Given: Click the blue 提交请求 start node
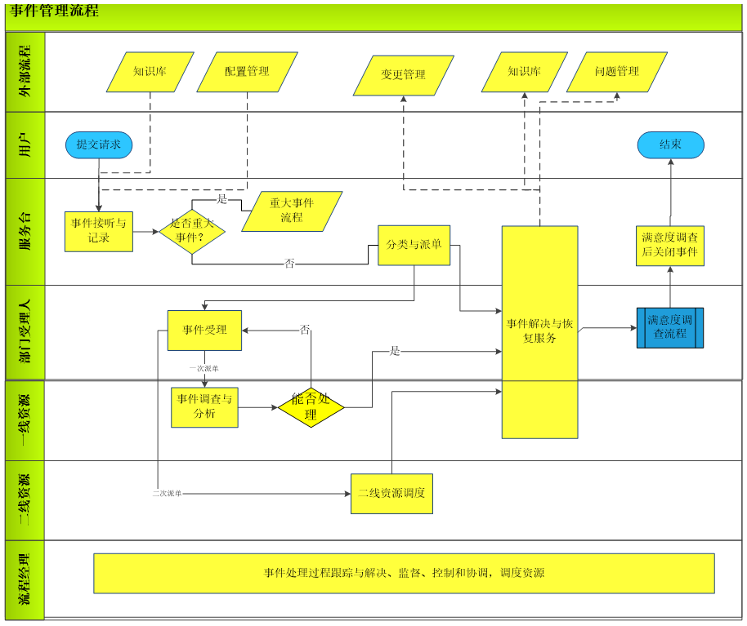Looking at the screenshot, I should (x=99, y=144).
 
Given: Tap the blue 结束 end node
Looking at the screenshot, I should (x=670, y=144).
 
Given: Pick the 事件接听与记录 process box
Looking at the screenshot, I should (x=99, y=231).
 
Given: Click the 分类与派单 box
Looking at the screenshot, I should (x=414, y=245).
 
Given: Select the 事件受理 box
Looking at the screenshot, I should (x=204, y=330).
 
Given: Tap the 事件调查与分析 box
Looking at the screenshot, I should (x=204, y=406).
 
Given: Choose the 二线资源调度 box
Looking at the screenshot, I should (x=391, y=494).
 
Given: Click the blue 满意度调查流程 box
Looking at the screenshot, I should (x=670, y=327).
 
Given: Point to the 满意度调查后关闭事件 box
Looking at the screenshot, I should (x=670, y=245).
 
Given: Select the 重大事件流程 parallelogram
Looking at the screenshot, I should (x=292, y=211).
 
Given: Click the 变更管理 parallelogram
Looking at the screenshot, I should (x=403, y=75).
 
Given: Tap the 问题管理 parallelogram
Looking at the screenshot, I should (x=617, y=72).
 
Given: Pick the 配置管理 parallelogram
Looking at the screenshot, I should (x=247, y=72).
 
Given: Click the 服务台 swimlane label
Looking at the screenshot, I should (x=25, y=231).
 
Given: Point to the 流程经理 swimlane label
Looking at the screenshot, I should (x=25, y=579).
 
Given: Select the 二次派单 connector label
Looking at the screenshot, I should (x=167, y=494).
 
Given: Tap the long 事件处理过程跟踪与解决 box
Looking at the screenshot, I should (x=404, y=573).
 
